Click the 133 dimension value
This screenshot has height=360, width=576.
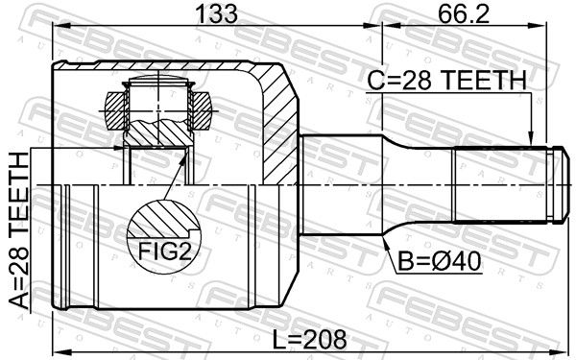(217, 13)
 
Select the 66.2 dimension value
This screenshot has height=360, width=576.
(464, 13)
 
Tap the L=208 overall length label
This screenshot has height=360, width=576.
(309, 339)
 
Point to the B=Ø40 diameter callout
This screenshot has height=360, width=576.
(440, 261)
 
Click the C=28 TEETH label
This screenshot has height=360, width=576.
(447, 81)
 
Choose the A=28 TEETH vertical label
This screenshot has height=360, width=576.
(18, 230)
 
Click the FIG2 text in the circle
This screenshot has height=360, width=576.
(165, 252)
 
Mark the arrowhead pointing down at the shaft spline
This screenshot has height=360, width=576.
(530, 138)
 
